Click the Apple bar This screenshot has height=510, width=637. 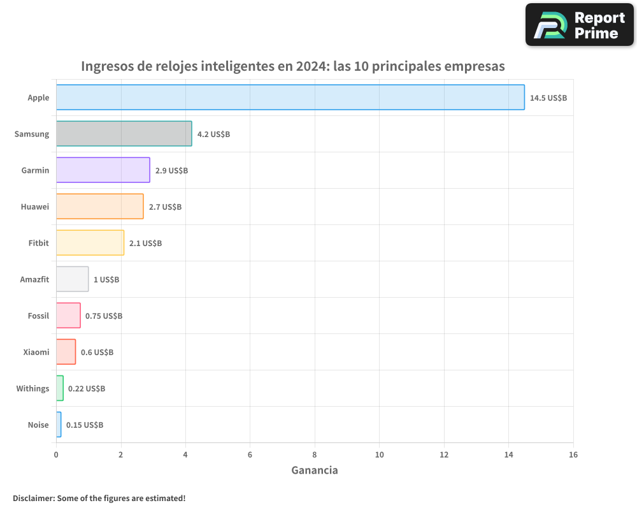click(290, 98)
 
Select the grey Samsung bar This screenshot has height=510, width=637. click(124, 134)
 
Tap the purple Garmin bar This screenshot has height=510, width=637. click(103, 170)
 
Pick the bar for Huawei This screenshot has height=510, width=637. click(100, 207)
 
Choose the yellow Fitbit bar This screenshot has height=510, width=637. click(90, 243)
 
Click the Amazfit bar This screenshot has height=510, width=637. click(73, 279)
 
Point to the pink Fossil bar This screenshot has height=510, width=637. click(68, 316)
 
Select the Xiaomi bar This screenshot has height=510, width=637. click(66, 352)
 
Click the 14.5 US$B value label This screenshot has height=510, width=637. click(548, 98)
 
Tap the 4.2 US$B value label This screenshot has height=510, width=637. click(213, 135)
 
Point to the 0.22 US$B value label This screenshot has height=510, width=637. click(87, 389)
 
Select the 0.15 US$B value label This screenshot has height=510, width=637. click(85, 425)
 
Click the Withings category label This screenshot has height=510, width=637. click(32, 388)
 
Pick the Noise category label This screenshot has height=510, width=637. click(38, 425)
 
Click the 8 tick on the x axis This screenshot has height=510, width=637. click(315, 455)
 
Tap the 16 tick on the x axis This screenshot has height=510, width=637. click(573, 455)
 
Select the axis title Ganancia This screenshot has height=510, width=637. click(315, 470)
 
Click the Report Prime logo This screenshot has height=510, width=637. click(580, 25)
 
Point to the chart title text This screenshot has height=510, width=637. click(293, 66)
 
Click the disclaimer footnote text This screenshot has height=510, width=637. click(99, 498)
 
